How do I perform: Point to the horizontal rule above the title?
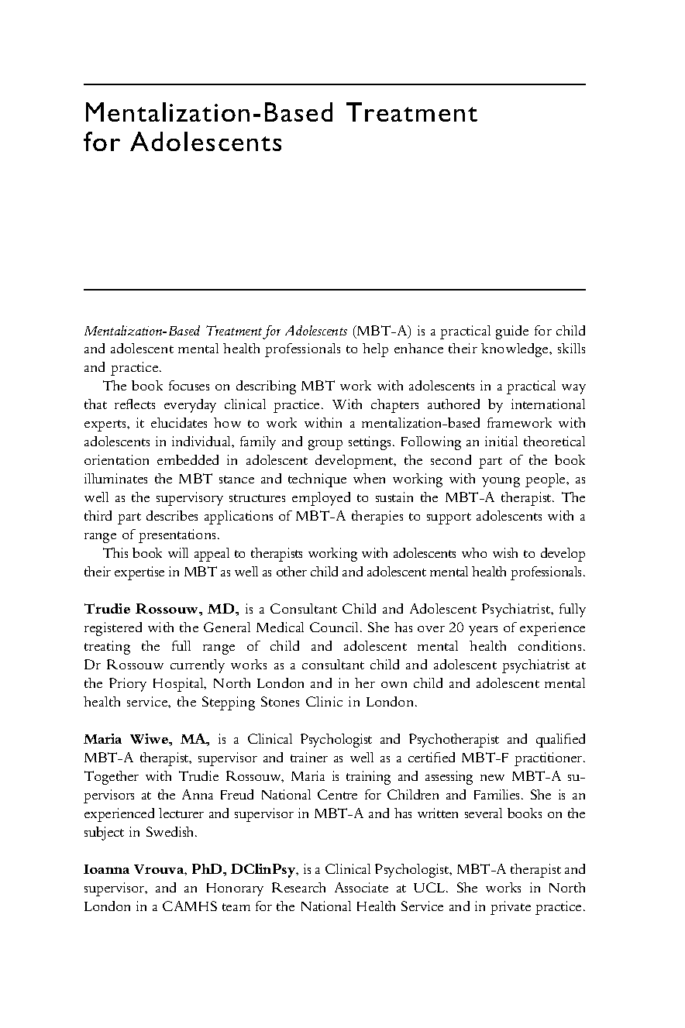tap(334, 84)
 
